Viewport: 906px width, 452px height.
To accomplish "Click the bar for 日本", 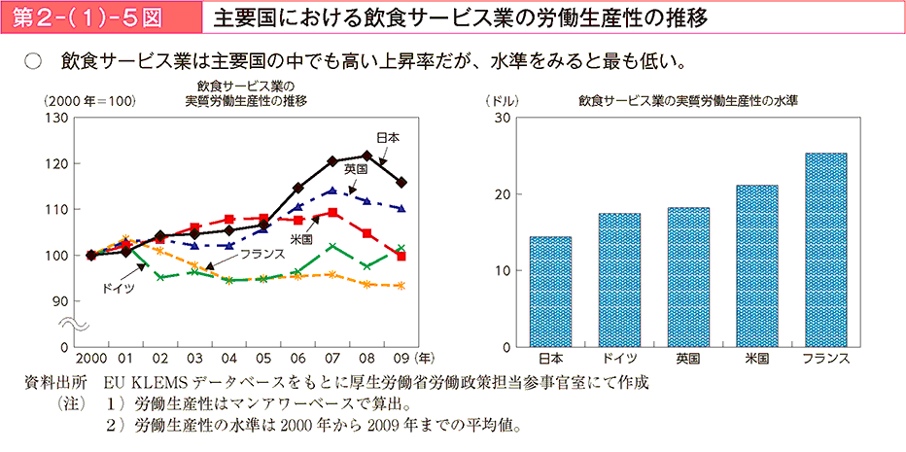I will click(550, 292).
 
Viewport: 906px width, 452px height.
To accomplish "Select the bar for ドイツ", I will click(619, 280).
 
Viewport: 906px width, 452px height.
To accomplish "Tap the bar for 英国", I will click(688, 277).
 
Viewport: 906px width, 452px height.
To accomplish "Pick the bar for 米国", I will click(757, 266).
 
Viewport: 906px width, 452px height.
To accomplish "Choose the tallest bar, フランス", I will click(826, 250).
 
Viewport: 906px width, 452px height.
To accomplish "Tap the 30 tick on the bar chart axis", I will click(503, 118).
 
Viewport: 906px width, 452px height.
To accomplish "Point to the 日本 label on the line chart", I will click(386, 138).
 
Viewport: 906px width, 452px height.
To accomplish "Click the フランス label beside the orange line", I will click(261, 253).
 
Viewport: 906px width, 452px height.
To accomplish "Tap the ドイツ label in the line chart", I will click(118, 289).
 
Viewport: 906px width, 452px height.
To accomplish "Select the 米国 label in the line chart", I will click(300, 238).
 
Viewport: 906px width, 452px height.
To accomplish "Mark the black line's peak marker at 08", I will click(367, 156).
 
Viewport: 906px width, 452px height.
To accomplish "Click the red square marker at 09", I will click(401, 257).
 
